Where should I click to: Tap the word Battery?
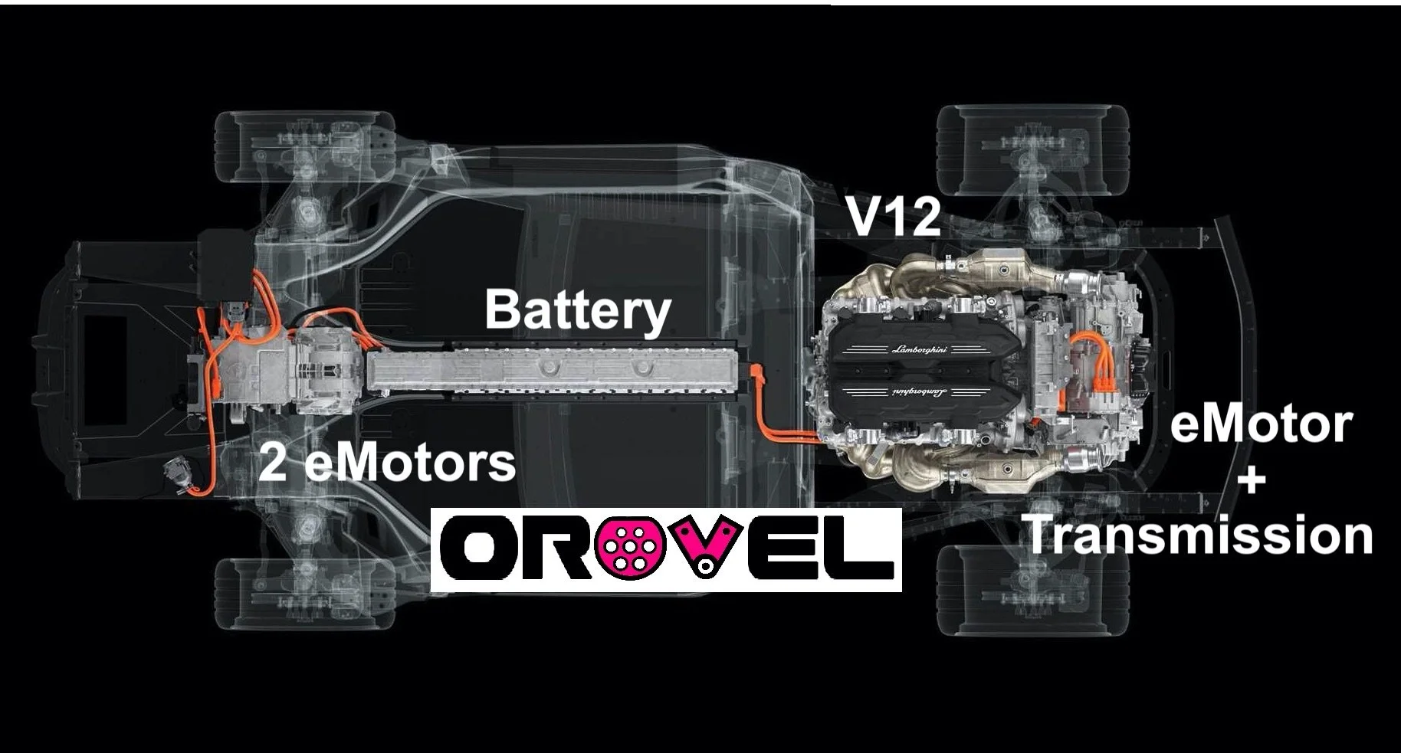point(577,310)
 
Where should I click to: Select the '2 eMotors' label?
point(386,463)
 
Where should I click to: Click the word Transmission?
point(1197,535)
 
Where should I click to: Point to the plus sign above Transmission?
point(1250,481)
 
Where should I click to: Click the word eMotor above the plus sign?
point(1260,425)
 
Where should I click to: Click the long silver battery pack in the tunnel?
point(556,371)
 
